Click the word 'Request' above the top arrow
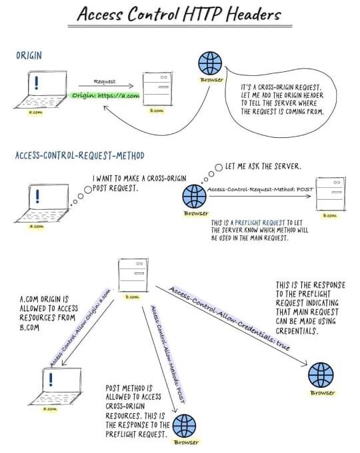[x=104, y=81]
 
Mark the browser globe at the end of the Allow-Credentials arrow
[x=321, y=375]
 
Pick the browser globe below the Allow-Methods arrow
[x=185, y=425]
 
